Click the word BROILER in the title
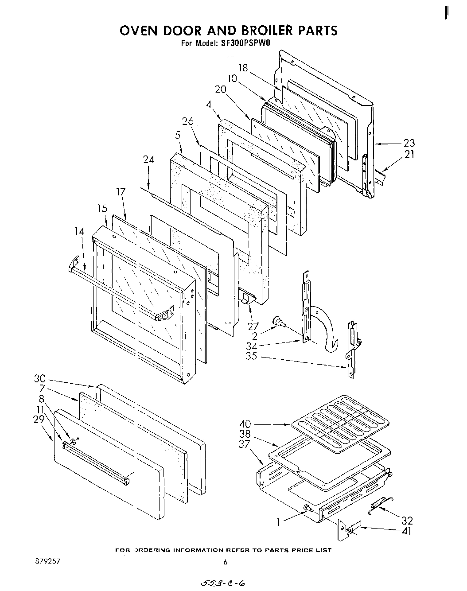click(261, 30)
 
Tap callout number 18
click(243, 68)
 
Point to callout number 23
click(409, 143)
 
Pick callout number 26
click(188, 121)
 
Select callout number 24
click(148, 159)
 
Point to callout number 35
click(251, 357)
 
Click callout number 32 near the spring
click(407, 520)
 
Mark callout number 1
click(278, 522)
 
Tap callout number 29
click(40, 419)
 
